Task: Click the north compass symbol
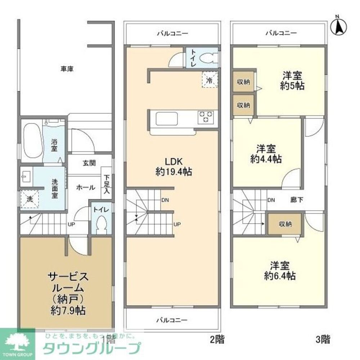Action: (338, 26)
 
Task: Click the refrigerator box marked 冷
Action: (209, 80)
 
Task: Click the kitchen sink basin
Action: (166, 118)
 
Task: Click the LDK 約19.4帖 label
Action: (173, 166)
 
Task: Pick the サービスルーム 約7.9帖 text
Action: (68, 294)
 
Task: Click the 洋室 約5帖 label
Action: (292, 81)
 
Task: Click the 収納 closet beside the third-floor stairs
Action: (285, 224)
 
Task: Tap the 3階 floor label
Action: (323, 339)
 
